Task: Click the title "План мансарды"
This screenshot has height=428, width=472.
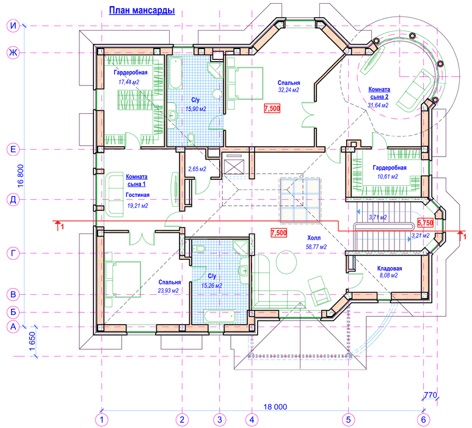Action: (142, 10)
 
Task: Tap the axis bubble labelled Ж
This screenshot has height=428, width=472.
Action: (13, 53)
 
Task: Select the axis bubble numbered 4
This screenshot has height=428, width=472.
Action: (252, 419)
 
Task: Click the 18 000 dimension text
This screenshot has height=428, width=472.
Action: (275, 407)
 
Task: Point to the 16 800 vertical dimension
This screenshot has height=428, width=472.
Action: (20, 176)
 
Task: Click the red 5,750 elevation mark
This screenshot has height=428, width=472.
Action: (425, 223)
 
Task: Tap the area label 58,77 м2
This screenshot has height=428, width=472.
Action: (316, 247)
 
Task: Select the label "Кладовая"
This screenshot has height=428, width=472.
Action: (390, 268)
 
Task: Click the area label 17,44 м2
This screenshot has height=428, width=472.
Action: (129, 82)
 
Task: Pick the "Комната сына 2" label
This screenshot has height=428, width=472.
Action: (379, 93)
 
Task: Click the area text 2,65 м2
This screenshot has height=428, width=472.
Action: (197, 169)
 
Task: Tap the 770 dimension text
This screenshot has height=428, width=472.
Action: (430, 395)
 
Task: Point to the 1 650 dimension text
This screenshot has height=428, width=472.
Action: (32, 342)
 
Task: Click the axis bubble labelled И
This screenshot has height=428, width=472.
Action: (13, 26)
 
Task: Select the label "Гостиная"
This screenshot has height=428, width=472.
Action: (137, 195)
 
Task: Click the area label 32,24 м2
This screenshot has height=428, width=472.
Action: (288, 90)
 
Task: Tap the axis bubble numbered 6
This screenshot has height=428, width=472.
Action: (424, 419)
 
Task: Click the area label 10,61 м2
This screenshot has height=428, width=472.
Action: (388, 176)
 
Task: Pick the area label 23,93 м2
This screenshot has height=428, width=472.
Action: (169, 290)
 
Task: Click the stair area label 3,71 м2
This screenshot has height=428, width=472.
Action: (378, 217)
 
